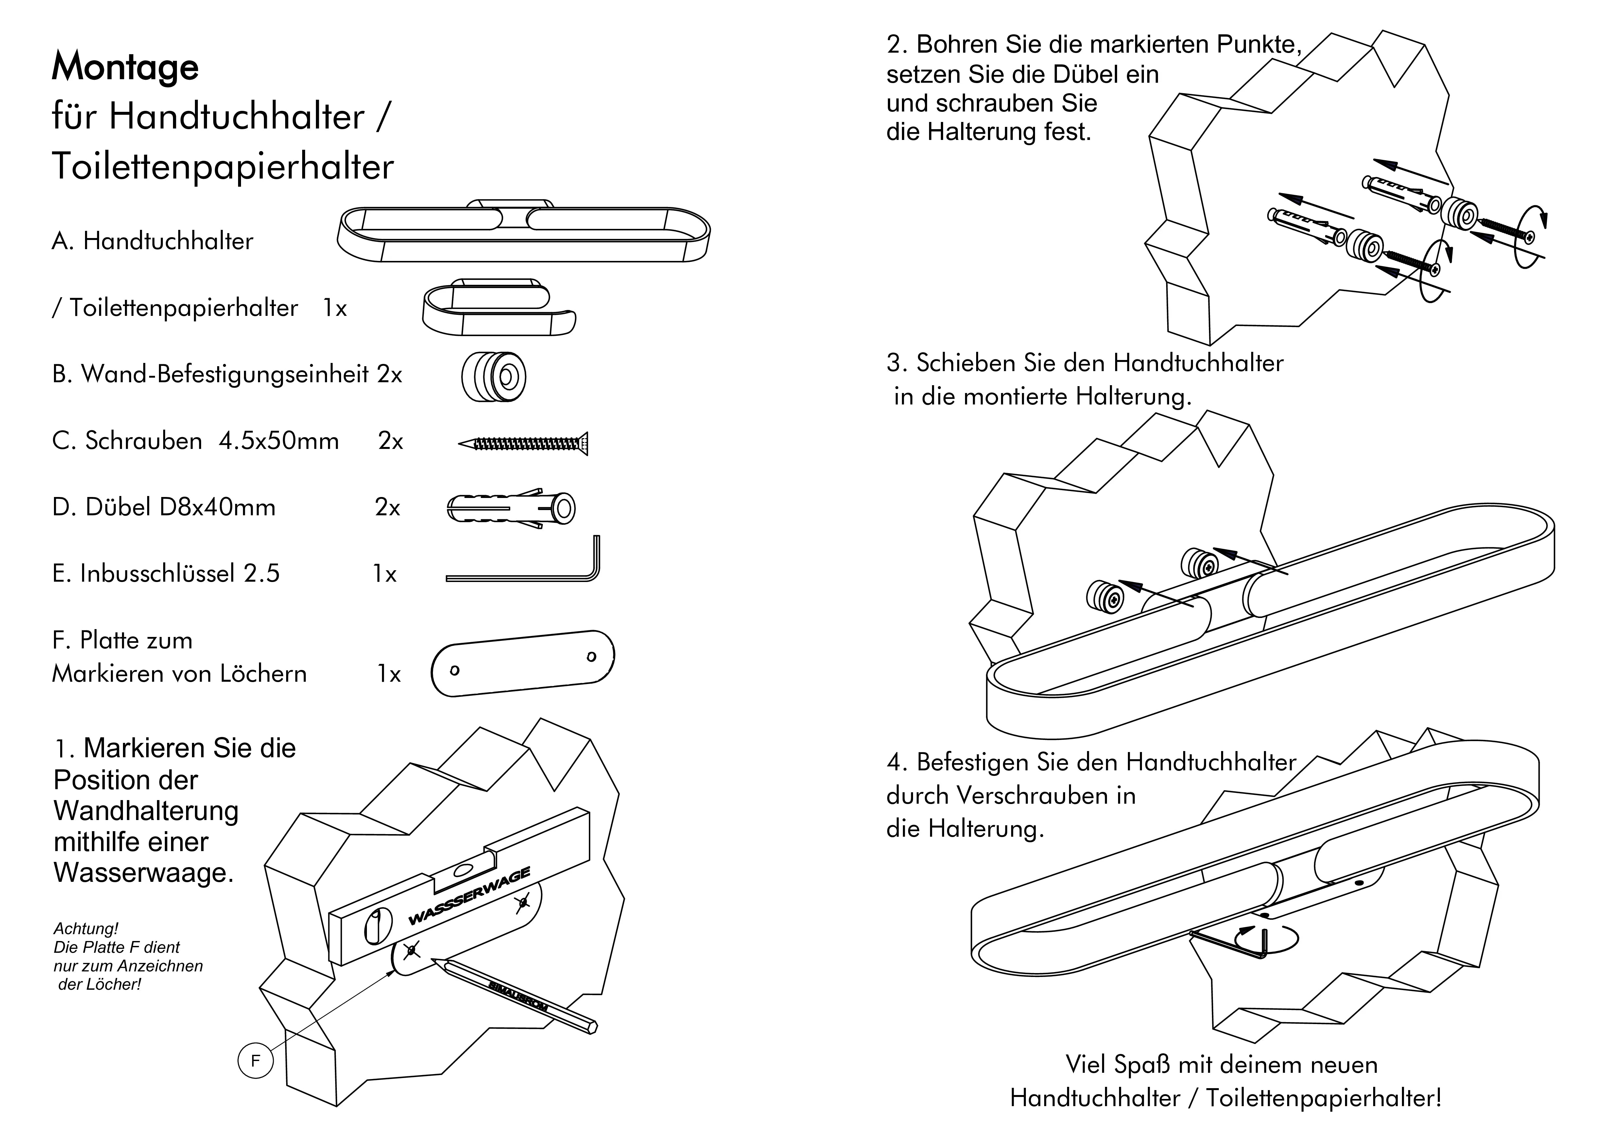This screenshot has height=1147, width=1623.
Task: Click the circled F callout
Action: click(x=255, y=1060)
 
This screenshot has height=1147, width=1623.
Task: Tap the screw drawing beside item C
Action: click(x=523, y=443)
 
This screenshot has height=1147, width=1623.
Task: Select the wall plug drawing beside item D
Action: click(x=510, y=507)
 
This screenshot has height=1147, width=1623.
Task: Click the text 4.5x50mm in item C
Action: click(x=279, y=441)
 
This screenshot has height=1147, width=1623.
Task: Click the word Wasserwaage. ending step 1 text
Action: click(x=144, y=873)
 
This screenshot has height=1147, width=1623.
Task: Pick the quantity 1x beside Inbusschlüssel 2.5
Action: click(x=385, y=574)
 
